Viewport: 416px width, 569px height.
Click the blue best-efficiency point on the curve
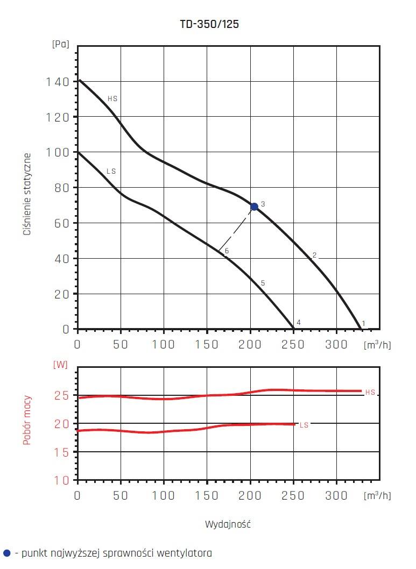[x=254, y=207]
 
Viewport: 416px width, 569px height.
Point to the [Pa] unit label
[x=60, y=45]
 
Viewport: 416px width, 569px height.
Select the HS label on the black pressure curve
[x=112, y=99]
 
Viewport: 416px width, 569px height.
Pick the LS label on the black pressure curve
[x=111, y=172]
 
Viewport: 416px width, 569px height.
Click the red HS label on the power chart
[x=370, y=393]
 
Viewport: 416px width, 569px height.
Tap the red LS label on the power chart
[x=304, y=425]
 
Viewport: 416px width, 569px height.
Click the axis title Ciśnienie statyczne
[x=27, y=194]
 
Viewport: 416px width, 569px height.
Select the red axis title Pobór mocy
[x=27, y=421]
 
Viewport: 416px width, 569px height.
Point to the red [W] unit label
[x=60, y=364]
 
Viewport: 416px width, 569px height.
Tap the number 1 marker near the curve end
[x=363, y=323]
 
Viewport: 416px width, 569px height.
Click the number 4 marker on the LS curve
[x=298, y=323]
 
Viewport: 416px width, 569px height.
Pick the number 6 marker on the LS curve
[x=227, y=251]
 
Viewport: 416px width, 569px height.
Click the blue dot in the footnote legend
[x=6, y=553]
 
